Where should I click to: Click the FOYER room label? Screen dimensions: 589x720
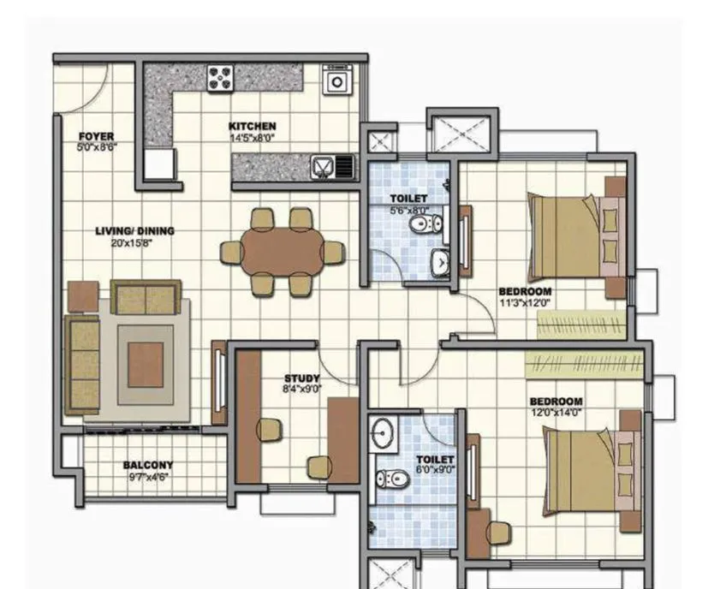coord(96,137)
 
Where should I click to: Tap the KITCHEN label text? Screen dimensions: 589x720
coord(252,127)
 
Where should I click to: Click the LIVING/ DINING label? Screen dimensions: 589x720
coord(134,231)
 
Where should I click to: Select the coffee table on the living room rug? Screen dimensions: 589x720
coord(146,363)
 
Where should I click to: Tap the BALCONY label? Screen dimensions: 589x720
coord(147,466)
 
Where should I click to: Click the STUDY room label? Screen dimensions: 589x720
coord(301,378)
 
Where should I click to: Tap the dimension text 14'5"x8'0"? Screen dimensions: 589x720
coord(252,137)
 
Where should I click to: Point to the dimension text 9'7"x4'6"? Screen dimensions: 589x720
coord(147,476)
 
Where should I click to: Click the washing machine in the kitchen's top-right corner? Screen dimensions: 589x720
coord(338,80)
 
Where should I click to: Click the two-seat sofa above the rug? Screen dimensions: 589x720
coord(146,297)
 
